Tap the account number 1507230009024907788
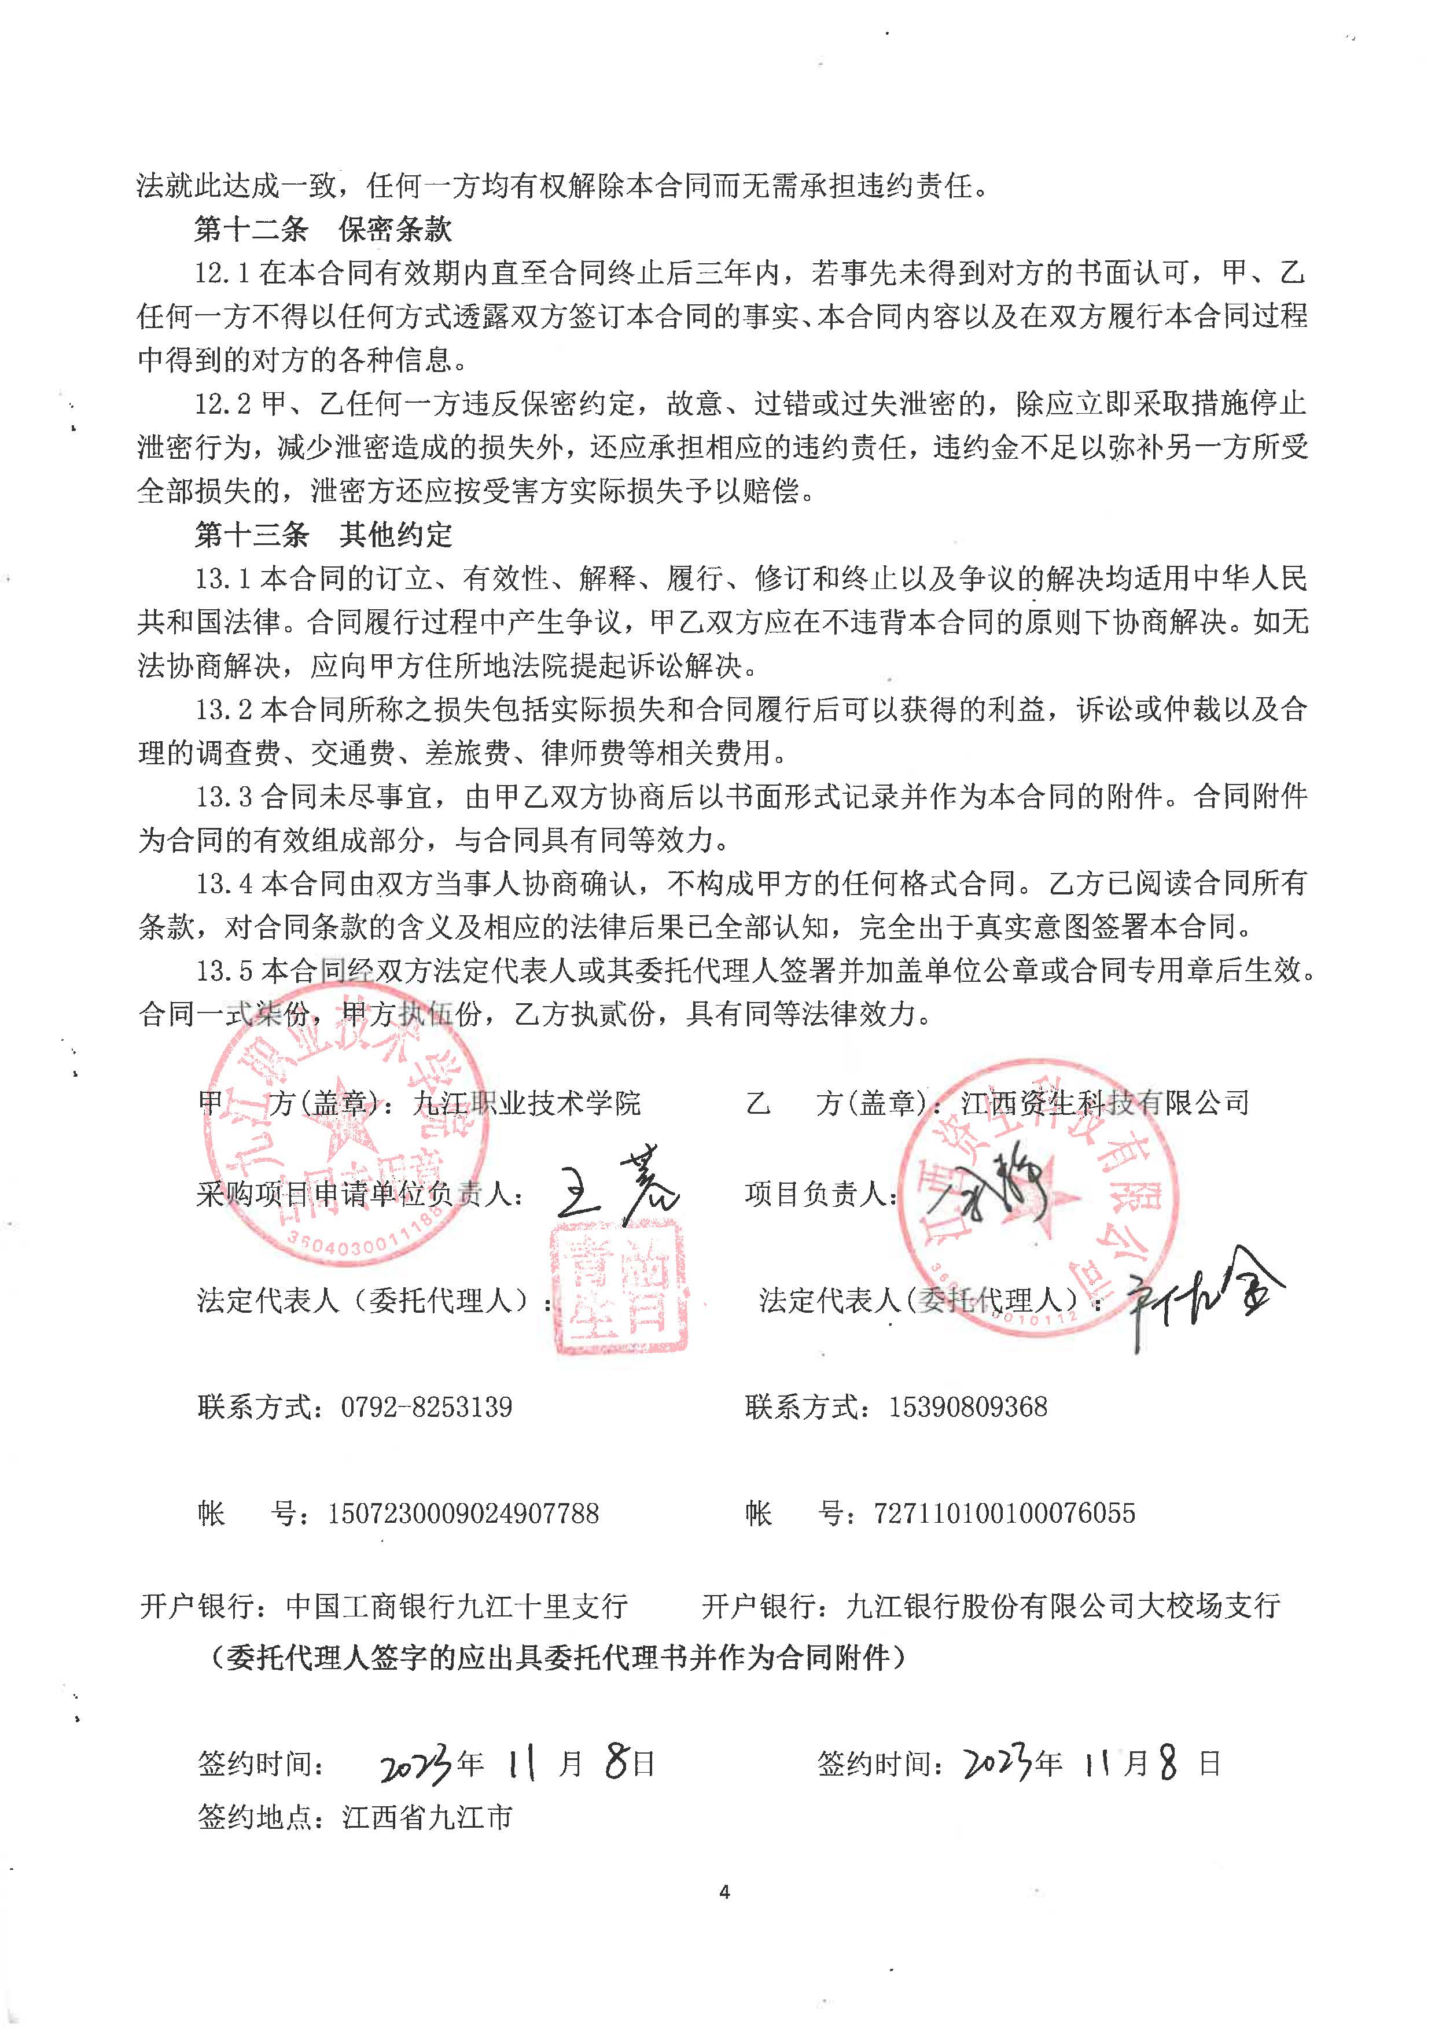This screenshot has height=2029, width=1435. coord(463,1514)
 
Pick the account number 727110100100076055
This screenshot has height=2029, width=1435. coord(1004,1514)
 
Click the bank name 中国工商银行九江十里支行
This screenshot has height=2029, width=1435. coord(457,1605)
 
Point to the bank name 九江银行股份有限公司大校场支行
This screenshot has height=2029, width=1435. coord(1063,1605)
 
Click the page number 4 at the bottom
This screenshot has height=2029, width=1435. coord(724,1892)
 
